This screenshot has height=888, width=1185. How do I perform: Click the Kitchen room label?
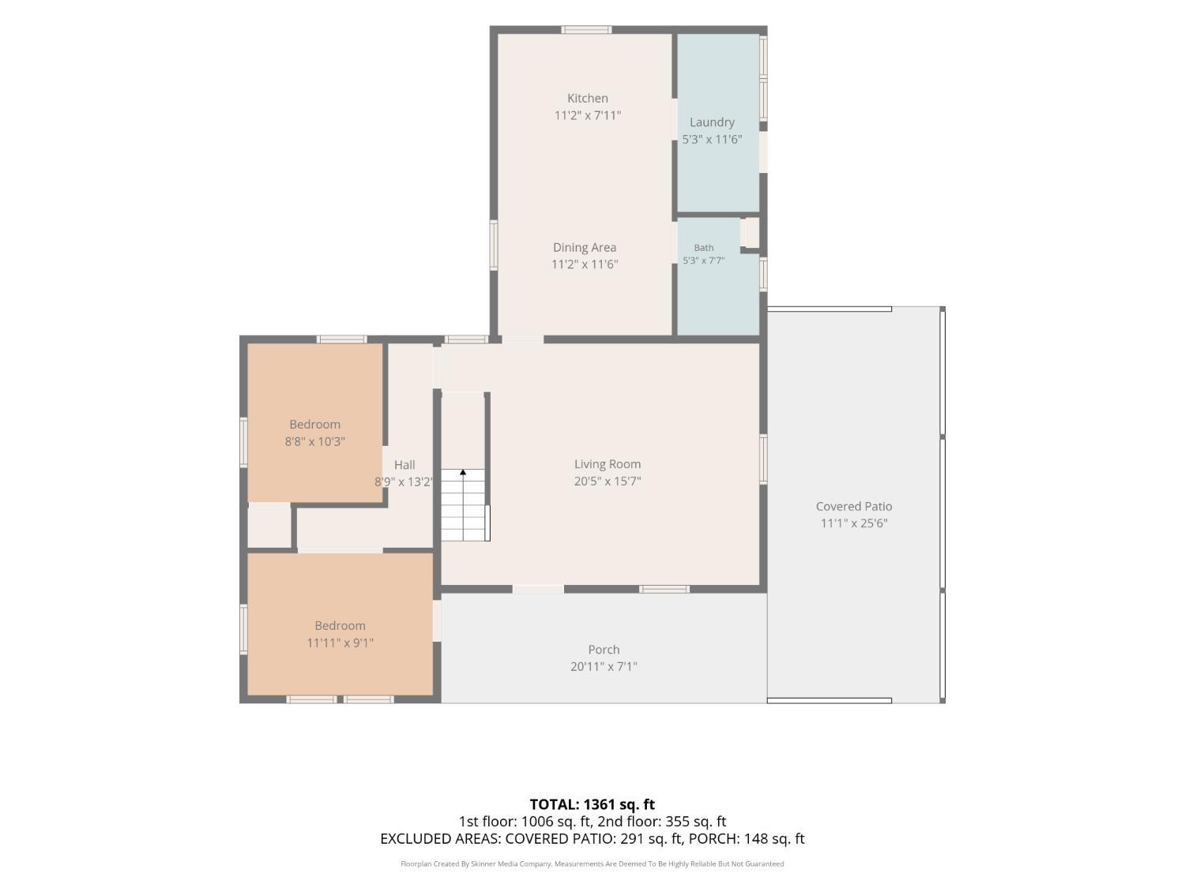(x=588, y=98)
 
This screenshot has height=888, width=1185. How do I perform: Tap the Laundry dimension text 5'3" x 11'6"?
(x=712, y=139)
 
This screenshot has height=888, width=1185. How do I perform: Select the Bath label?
(x=703, y=248)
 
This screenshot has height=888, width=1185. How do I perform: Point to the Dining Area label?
(x=585, y=248)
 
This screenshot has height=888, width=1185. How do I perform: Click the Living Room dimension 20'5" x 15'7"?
(x=608, y=481)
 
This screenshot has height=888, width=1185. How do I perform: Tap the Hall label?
(x=404, y=465)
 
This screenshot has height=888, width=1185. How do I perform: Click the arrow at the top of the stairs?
(x=463, y=473)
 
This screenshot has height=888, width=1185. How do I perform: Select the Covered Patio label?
(x=854, y=506)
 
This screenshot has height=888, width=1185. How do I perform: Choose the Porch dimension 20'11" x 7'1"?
(x=604, y=666)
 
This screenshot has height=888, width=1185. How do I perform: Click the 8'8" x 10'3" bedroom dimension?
(x=314, y=441)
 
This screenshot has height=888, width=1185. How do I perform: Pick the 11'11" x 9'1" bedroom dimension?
(x=340, y=643)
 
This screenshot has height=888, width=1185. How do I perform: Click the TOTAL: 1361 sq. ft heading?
(x=592, y=804)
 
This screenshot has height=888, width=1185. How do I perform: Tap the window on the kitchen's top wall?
(x=585, y=30)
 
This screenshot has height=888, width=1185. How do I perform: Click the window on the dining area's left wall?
(x=494, y=245)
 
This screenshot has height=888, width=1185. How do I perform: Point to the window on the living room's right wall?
(x=763, y=459)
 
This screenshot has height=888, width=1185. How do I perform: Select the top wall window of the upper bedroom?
(x=341, y=339)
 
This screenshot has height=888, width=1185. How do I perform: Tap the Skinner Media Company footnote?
(x=592, y=864)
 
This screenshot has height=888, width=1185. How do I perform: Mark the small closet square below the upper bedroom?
(x=269, y=525)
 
